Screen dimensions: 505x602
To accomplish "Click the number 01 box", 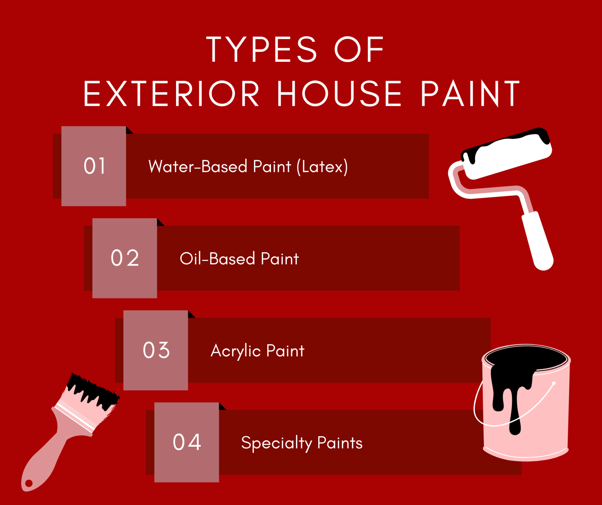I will click(x=94, y=166).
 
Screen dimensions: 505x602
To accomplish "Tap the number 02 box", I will click(x=125, y=258).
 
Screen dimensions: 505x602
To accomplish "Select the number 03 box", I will click(x=156, y=350).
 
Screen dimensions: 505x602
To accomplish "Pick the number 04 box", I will click(x=187, y=442).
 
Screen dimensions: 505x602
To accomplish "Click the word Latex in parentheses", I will click(x=322, y=167).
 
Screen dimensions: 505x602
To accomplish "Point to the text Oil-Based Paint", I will click(x=239, y=259).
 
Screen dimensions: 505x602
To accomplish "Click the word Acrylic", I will click(x=235, y=351).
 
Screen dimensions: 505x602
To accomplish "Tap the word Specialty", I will click(x=276, y=443).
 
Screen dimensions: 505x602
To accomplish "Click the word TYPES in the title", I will click(x=261, y=49).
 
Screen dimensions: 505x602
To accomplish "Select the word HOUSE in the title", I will click(x=339, y=94).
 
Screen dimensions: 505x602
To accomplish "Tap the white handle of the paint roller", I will click(x=538, y=241).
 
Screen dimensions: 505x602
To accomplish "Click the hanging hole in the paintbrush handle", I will click(x=29, y=483).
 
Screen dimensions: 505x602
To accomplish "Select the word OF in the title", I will click(x=359, y=49).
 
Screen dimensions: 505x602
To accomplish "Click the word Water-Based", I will click(x=198, y=167).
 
